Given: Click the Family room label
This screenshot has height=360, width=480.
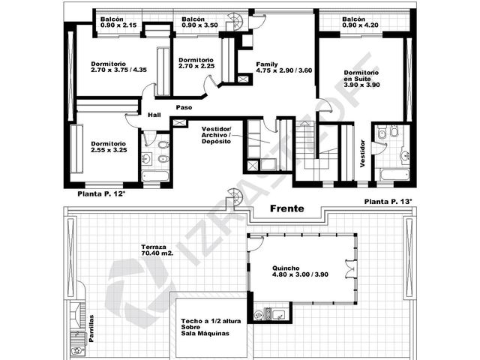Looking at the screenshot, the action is coord(283,67).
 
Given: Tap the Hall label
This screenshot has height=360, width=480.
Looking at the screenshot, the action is coord(154,115).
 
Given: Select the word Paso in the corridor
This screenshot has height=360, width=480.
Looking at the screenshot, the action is coord(184,107).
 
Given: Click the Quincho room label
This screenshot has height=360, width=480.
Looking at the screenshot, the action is coord(300,271).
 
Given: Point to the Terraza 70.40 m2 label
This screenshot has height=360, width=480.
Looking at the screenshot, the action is coord(157,250).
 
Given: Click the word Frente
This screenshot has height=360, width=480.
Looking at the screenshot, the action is coord(286,208).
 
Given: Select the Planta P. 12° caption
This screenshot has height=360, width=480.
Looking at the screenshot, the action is coord(102,193).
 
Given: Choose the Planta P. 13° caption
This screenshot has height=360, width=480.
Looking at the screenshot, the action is coord(388,202).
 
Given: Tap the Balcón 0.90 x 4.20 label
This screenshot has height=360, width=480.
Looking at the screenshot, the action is coord(360,22).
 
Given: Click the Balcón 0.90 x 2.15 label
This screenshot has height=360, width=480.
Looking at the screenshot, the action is coord(118,22).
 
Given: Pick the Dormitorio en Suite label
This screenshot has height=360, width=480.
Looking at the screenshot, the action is coord(361,79).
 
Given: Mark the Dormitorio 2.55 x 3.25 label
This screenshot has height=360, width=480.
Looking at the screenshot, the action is coord(109,147).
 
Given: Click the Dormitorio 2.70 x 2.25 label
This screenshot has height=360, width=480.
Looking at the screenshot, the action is coord(196,63).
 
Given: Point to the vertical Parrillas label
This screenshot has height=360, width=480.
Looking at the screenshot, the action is coord(91,328).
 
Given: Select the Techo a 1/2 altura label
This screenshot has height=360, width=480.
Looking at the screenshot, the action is coord(211,327).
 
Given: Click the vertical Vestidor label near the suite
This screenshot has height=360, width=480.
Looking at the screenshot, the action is coord(362,153).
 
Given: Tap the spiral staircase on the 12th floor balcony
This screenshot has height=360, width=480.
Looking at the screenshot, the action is coord(235,22).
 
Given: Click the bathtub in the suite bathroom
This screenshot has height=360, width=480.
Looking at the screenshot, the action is coord(394,175).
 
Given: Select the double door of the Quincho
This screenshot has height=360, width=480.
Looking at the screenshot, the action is coord(351,266).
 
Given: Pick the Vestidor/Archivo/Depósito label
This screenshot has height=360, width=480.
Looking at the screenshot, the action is coord(217,135).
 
